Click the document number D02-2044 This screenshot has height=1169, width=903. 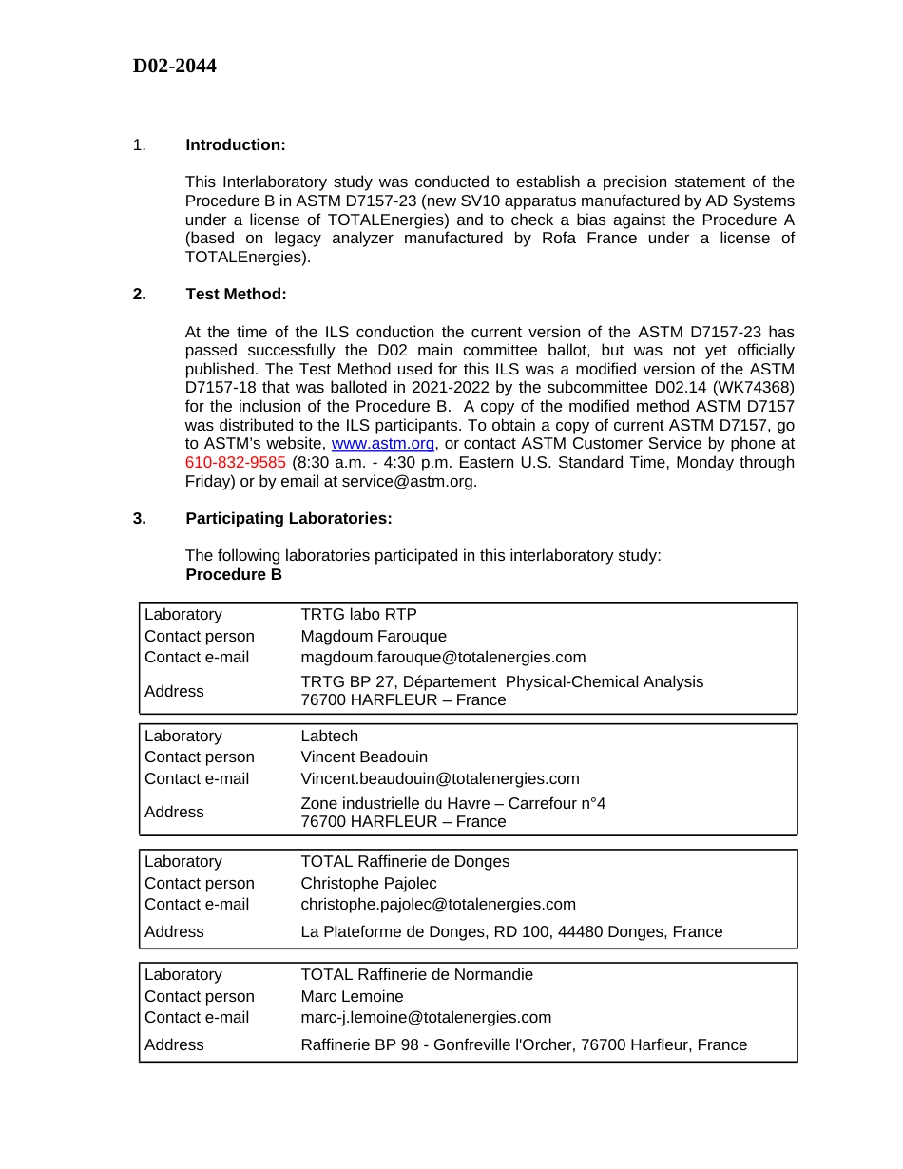(x=174, y=66)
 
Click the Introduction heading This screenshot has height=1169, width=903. (x=235, y=144)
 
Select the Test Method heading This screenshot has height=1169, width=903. (x=236, y=294)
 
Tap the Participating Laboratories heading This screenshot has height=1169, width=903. (x=288, y=518)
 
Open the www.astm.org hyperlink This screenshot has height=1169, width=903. (x=382, y=444)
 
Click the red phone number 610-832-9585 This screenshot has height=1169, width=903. (x=235, y=462)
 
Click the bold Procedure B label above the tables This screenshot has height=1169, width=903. (x=234, y=574)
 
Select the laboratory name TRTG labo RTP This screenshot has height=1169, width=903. (x=358, y=615)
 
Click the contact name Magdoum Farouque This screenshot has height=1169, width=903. (x=374, y=636)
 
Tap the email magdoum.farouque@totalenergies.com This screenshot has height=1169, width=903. (x=443, y=657)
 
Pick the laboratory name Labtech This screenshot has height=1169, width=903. (x=329, y=737)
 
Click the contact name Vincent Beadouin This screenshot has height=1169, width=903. (x=364, y=757)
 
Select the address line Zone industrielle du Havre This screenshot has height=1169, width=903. (x=452, y=803)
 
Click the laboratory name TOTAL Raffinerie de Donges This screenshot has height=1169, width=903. (x=405, y=861)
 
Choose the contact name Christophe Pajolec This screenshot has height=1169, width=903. (x=369, y=883)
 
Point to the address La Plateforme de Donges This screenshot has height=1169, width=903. (x=511, y=931)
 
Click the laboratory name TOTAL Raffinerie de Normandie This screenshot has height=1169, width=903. (x=416, y=974)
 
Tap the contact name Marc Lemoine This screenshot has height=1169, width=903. (x=352, y=996)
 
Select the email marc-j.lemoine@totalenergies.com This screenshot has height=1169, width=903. (x=426, y=1017)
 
